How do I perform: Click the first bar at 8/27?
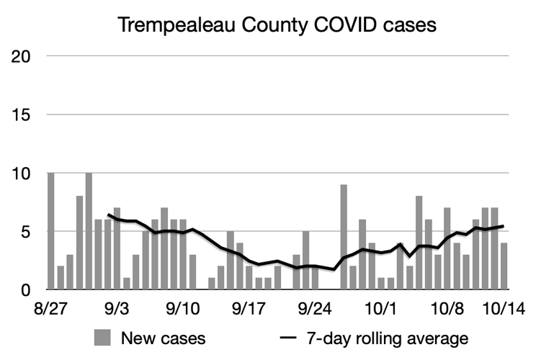click(51, 231)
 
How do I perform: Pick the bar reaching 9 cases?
click(344, 237)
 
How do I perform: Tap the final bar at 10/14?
click(504, 266)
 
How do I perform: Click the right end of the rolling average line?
click(502, 226)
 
